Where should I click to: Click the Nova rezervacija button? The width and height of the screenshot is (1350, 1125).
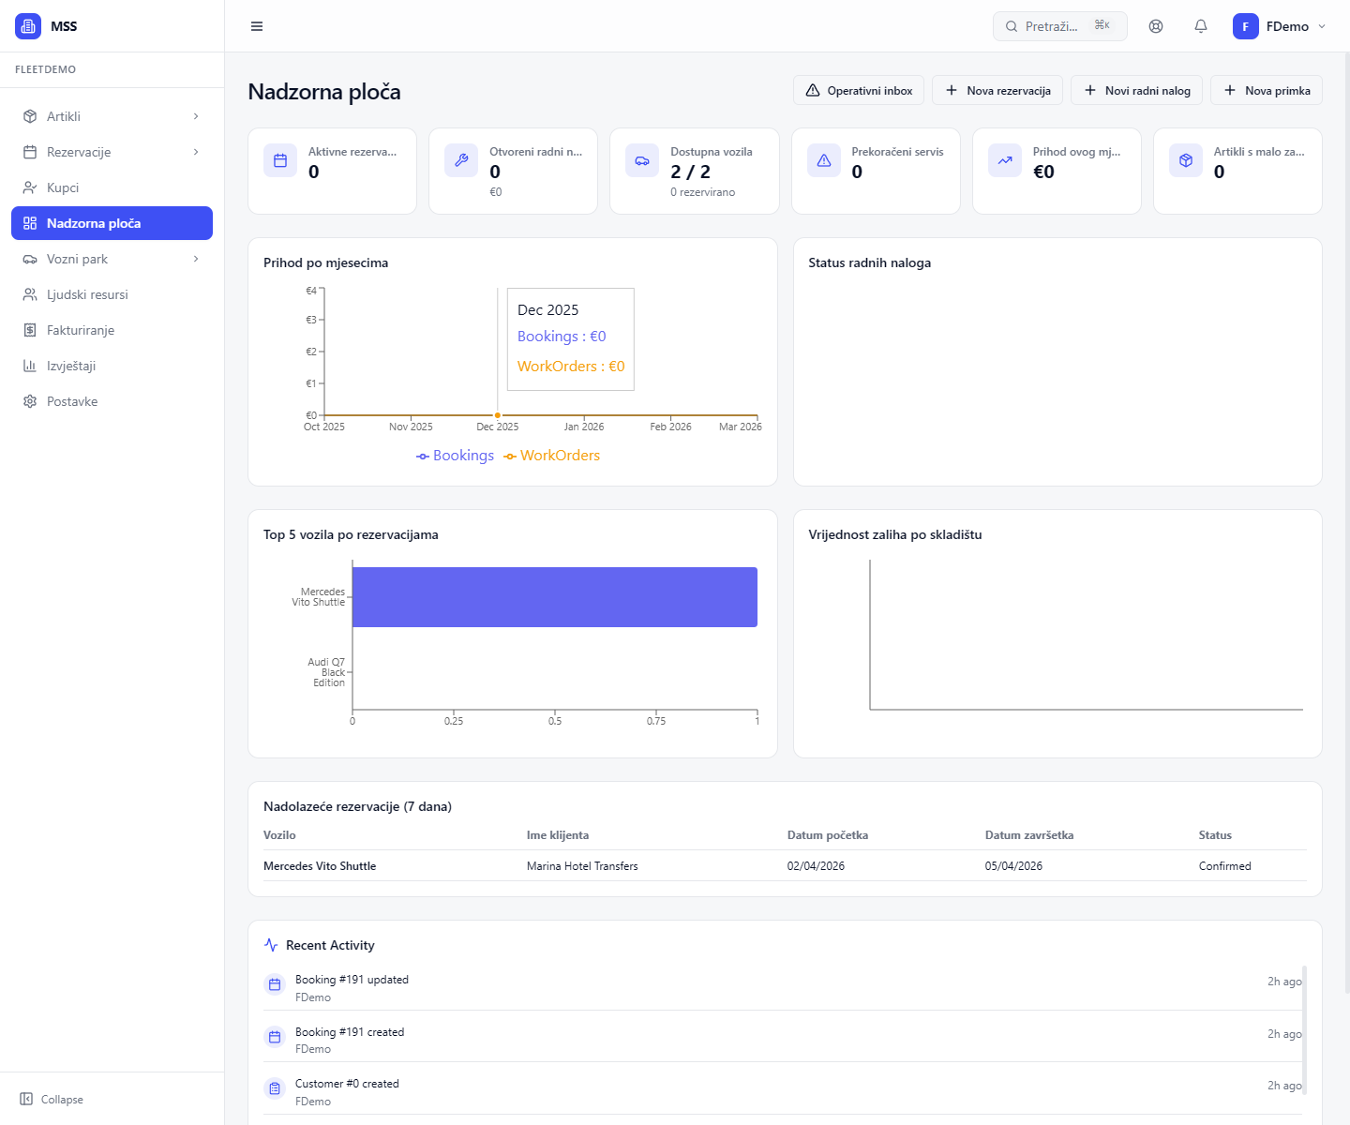(x=997, y=91)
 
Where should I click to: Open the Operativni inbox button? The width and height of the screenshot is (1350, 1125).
(x=859, y=91)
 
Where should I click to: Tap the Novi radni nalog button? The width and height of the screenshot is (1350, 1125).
(x=1136, y=91)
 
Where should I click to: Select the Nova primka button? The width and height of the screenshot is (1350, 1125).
(x=1267, y=91)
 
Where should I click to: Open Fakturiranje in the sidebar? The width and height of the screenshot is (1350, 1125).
(x=81, y=330)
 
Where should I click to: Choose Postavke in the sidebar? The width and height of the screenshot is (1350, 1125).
(x=72, y=401)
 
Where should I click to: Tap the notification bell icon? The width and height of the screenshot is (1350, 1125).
(x=1201, y=26)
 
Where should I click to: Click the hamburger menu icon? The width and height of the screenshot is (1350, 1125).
(x=257, y=26)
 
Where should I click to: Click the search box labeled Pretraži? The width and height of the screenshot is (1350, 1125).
(x=1059, y=26)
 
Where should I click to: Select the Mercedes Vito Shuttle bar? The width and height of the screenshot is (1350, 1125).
(x=554, y=597)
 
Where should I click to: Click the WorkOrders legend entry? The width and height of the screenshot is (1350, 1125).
(x=552, y=456)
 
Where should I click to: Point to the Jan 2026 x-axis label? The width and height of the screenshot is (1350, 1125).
(x=584, y=427)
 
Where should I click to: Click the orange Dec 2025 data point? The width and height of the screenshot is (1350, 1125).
(x=498, y=415)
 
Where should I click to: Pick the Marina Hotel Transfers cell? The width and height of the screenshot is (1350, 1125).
(x=582, y=866)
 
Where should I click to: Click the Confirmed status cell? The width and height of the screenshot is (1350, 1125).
(x=1224, y=866)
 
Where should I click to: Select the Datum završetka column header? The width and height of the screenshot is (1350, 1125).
(x=1029, y=835)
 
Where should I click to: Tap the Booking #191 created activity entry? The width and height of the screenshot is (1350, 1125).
(x=350, y=1032)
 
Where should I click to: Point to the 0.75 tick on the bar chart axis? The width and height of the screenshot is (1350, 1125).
(x=656, y=721)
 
